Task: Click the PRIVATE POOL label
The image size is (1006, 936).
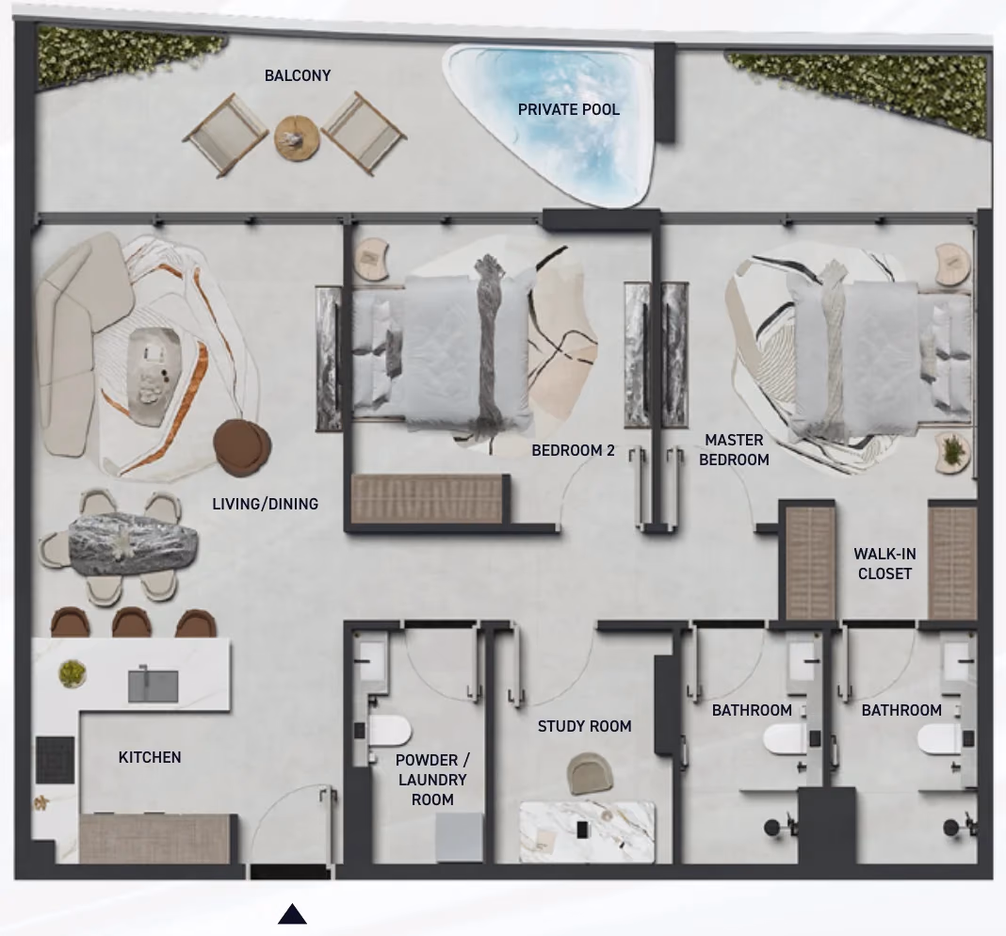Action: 568,110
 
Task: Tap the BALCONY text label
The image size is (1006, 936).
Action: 298,75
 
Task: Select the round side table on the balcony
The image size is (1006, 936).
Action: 297,137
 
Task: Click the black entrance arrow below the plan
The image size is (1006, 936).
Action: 292,913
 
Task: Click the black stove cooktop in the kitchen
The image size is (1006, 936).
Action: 56,760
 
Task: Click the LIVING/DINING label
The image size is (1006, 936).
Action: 265,504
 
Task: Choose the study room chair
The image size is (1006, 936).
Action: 590,773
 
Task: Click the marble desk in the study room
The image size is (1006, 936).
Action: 587,831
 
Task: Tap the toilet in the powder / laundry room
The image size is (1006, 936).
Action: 389,732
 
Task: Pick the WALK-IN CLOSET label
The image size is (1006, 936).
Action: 884,563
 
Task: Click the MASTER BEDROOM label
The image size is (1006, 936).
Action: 734,450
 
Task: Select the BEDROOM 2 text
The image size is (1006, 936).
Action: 573,450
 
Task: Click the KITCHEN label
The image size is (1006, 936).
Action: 150,757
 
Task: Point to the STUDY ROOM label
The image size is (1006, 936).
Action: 585,726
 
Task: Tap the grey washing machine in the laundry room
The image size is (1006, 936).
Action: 459,836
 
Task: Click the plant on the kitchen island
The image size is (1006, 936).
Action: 72,673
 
